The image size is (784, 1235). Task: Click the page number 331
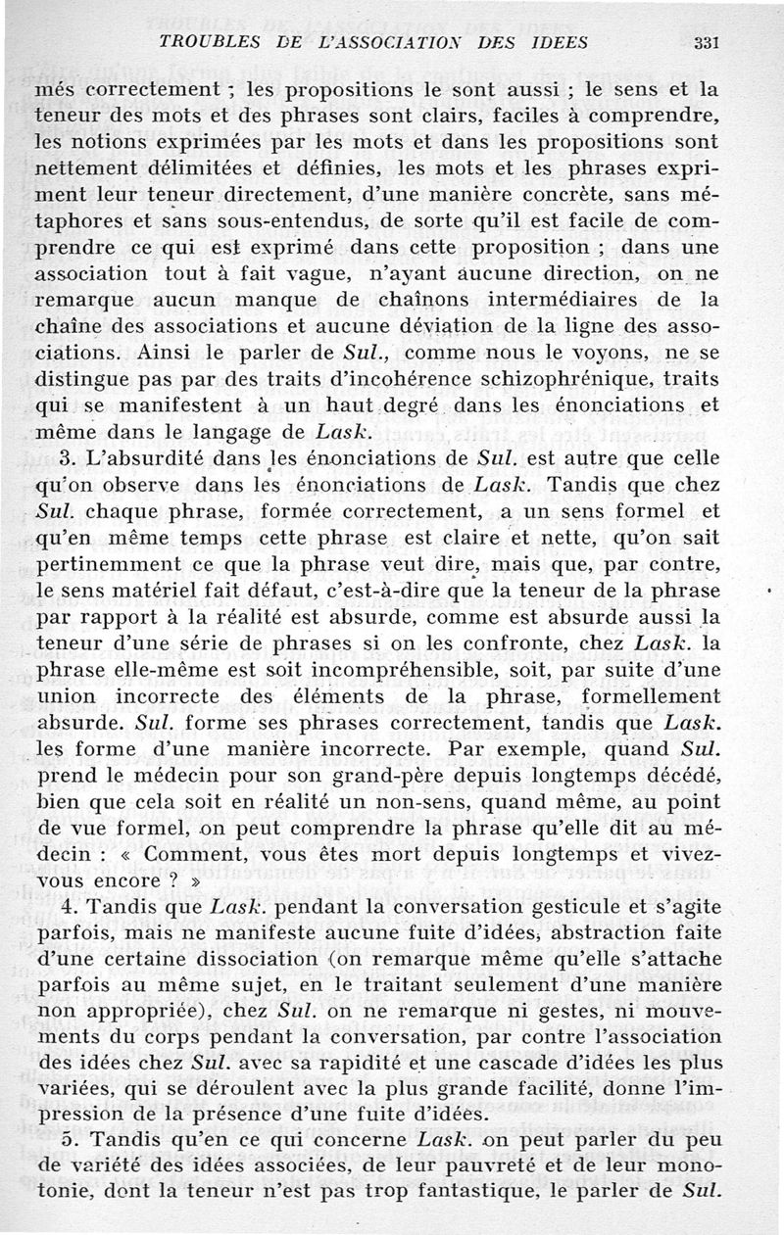[x=707, y=42]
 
